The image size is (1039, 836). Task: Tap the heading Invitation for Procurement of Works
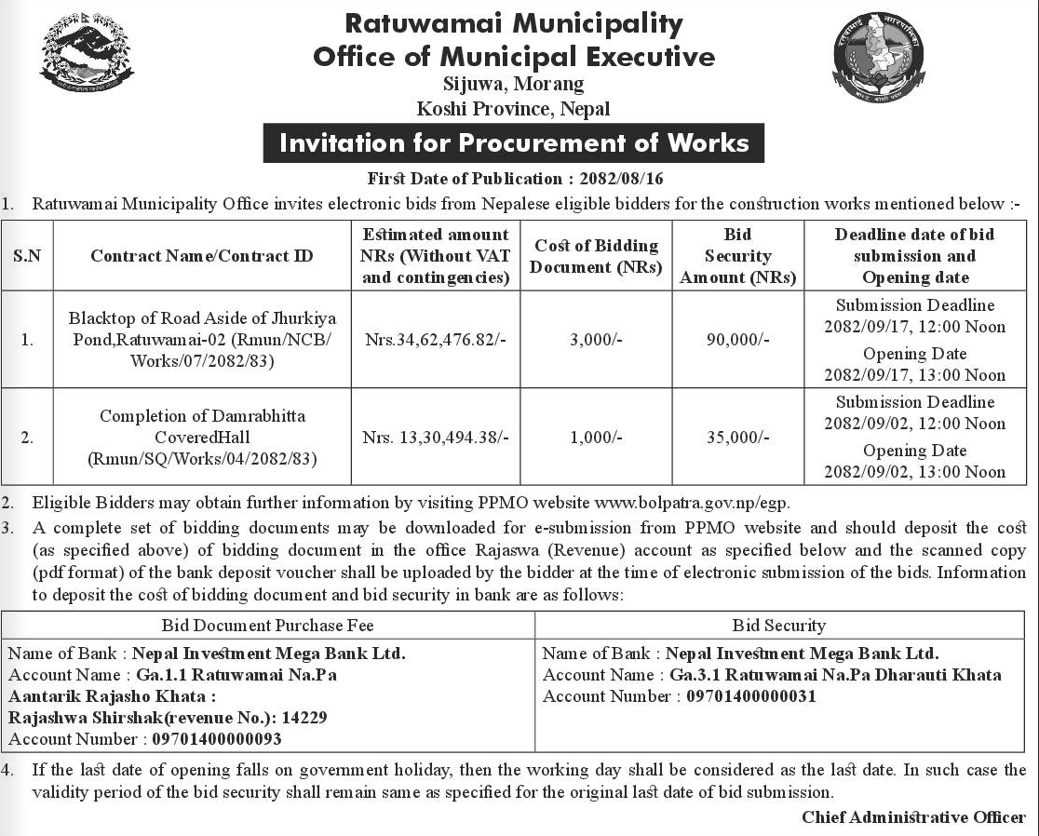[514, 143]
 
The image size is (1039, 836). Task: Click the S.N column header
[27, 256]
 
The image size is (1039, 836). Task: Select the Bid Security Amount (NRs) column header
[737, 256]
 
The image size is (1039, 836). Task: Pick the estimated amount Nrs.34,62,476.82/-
[436, 340]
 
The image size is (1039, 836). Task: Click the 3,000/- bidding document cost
[596, 340]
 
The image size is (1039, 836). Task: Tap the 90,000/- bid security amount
[738, 340]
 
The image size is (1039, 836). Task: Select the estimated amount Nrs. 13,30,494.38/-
[436, 437]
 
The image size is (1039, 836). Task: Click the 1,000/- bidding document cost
[596, 437]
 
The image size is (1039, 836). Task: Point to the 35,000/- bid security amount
[738, 437]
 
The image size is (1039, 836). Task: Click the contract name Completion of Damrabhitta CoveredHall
[202, 426]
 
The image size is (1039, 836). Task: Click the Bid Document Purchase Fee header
[267, 626]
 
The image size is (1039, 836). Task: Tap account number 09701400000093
[210, 739]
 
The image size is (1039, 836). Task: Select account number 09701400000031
[751, 696]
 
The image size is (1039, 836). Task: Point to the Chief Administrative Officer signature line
[913, 817]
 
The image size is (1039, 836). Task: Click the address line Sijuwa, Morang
[514, 84]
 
